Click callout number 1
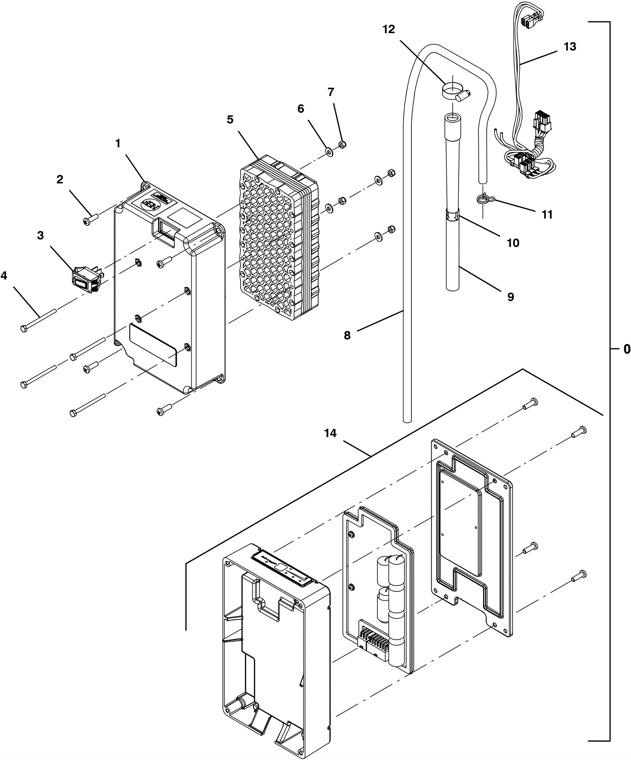coord(118,144)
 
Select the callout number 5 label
coord(230,120)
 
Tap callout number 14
coord(330,433)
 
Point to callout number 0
coord(627,349)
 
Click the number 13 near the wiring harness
coord(570,47)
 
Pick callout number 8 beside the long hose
coord(347,335)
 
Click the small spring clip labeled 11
coord(482,199)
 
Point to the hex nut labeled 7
coord(343,144)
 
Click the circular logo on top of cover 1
coord(151,205)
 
